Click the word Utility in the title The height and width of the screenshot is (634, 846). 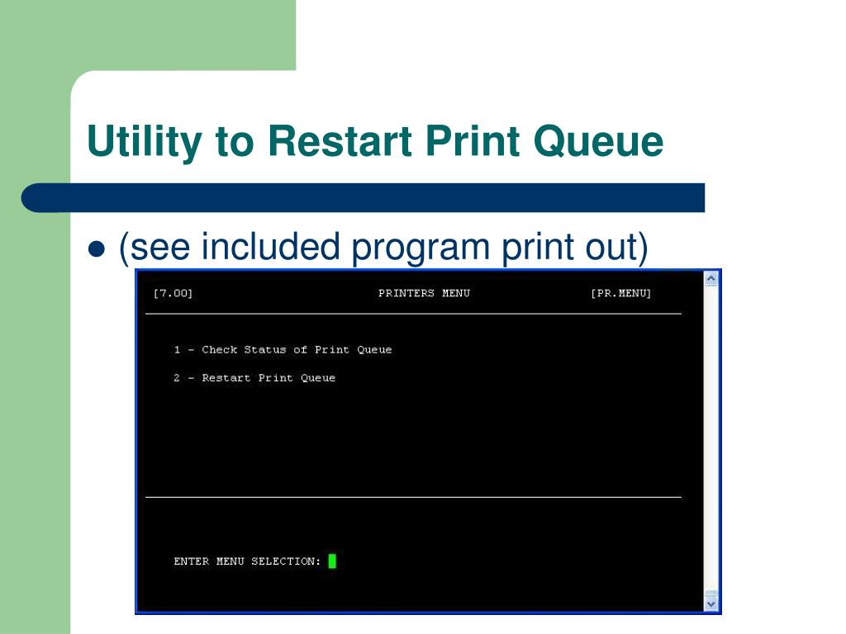point(143,142)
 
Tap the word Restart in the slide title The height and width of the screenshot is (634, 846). point(340,140)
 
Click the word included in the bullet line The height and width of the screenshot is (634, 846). point(271,247)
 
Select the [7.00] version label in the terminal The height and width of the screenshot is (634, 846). point(173,294)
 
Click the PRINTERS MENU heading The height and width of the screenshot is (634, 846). point(424,294)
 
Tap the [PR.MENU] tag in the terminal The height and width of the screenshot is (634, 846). point(620,294)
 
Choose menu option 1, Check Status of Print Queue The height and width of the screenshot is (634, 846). point(283,350)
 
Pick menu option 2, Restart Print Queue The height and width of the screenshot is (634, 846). point(254,378)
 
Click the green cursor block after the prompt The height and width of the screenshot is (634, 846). point(332,561)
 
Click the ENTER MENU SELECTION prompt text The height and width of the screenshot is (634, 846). point(247,561)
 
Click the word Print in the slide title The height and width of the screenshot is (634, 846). point(474,140)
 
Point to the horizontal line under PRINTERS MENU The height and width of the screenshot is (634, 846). point(413,314)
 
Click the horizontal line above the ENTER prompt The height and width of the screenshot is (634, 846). point(413,497)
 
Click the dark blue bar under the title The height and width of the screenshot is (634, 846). point(364,198)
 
